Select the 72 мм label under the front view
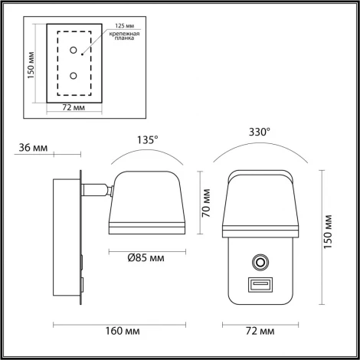pos(258,331)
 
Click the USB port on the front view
pos(258,286)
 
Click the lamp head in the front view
pos(258,203)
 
